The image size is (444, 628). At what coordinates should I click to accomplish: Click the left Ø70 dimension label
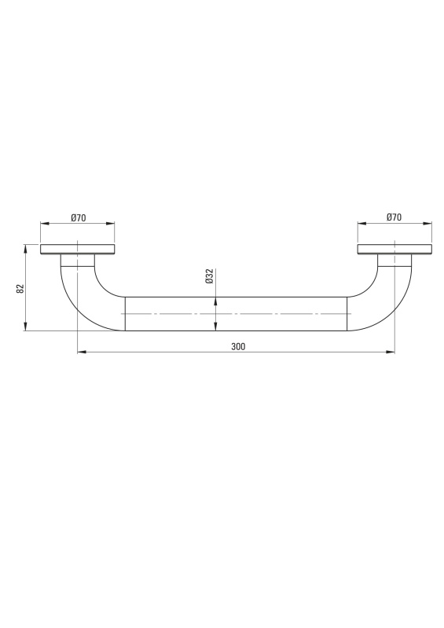pos(79,218)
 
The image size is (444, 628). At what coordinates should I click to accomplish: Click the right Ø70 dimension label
pos(394,217)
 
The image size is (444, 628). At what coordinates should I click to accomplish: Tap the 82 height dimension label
pos(21,288)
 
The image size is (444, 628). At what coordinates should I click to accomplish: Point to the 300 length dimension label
pos(238,346)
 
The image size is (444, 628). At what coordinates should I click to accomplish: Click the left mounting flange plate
pos(78,249)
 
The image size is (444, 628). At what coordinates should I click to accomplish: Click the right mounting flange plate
pos(394,249)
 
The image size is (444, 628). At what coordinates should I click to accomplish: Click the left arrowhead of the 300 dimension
pos(82,352)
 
